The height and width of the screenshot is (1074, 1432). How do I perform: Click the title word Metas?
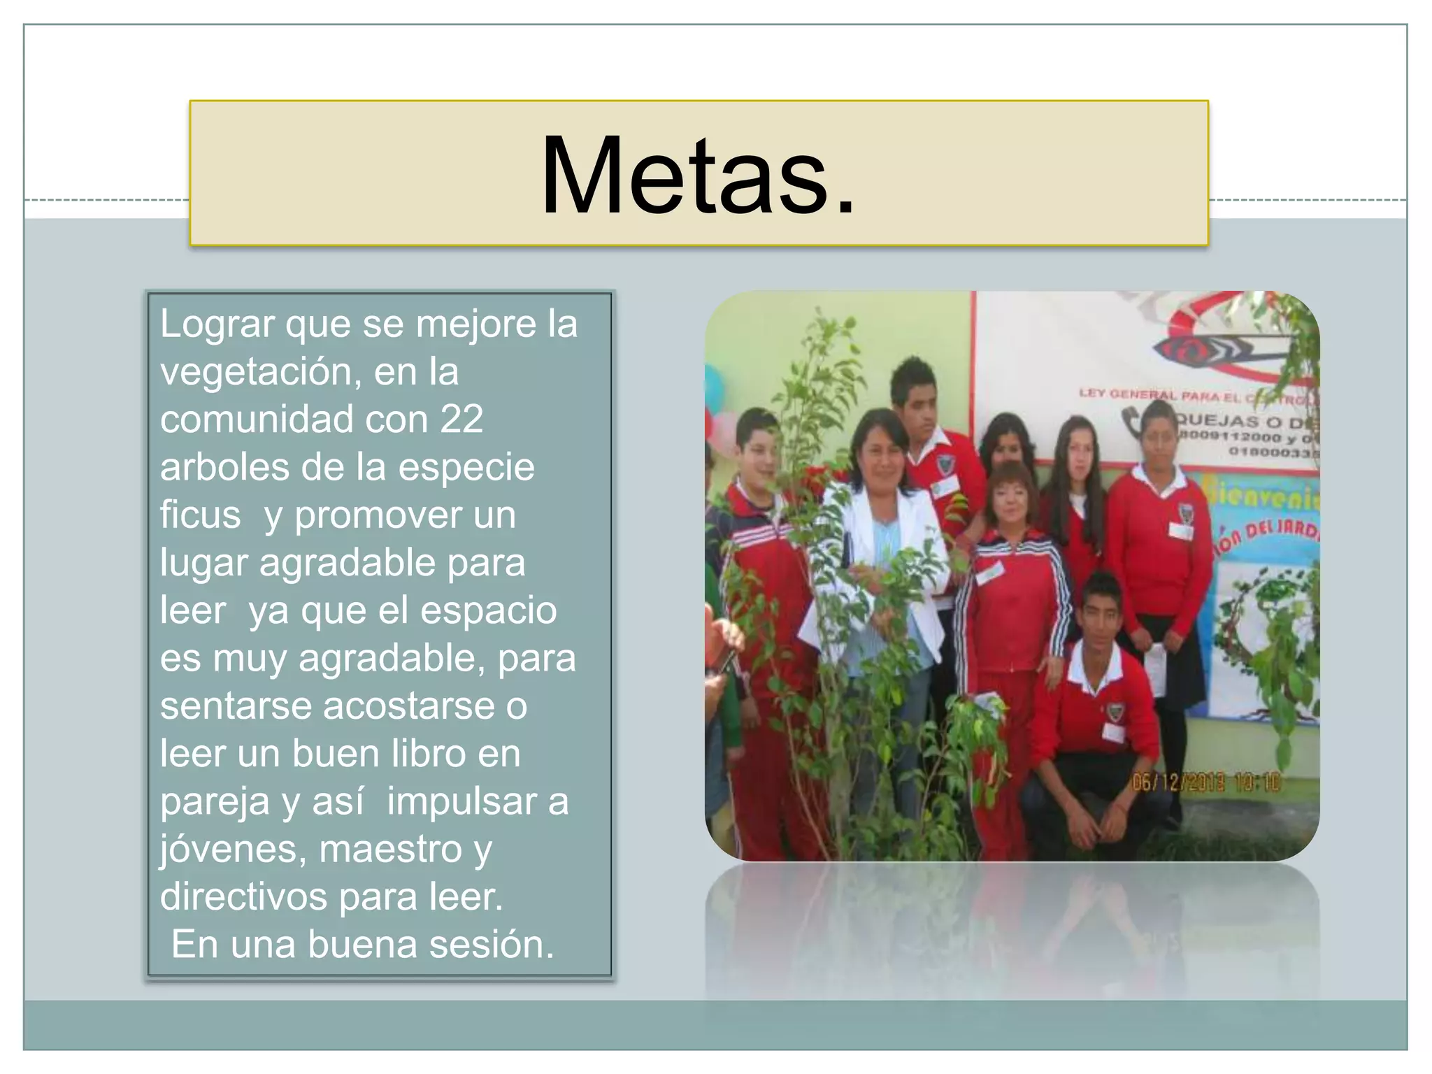(x=698, y=175)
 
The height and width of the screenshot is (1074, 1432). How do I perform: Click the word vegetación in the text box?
(x=260, y=372)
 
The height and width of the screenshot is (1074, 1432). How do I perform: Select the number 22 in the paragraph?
(x=461, y=420)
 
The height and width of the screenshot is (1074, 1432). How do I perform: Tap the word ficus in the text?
(x=200, y=515)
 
